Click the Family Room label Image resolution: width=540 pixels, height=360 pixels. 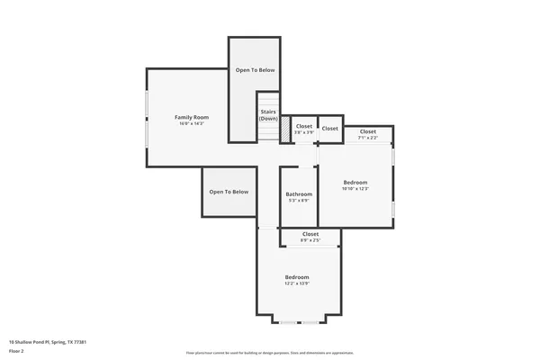(191, 117)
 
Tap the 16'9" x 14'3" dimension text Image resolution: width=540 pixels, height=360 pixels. (191, 123)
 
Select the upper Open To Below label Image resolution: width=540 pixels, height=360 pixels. (255, 69)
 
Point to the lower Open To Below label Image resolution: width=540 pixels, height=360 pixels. (229, 192)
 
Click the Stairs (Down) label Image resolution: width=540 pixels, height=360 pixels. (268, 115)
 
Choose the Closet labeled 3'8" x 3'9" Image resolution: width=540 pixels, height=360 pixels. (304, 127)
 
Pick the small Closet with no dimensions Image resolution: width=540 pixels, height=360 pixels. (330, 129)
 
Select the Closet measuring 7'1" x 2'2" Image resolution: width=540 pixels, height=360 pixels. (367, 132)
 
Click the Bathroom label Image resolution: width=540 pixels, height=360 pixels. (299, 194)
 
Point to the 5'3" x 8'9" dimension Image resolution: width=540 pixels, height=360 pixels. (299, 201)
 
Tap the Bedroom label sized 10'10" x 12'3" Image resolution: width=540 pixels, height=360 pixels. (355, 182)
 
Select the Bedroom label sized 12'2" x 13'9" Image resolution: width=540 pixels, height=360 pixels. (297, 276)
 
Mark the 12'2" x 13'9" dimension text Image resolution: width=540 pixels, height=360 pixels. (297, 283)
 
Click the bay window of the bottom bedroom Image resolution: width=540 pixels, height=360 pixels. (299, 321)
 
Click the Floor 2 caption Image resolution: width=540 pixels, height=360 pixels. (17, 350)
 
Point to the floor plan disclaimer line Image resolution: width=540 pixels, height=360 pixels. (269, 353)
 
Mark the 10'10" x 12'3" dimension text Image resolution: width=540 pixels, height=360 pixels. (355, 189)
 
